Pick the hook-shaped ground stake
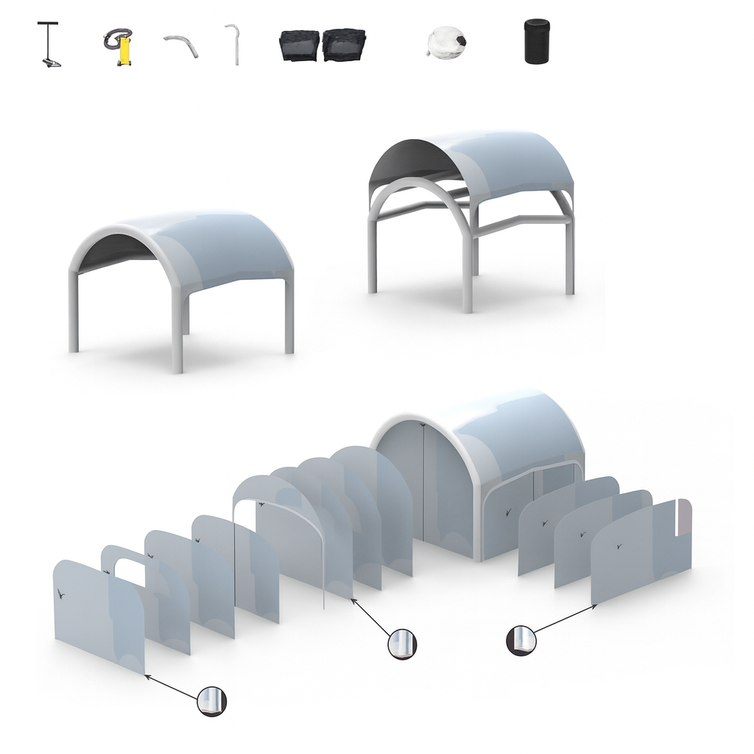coord(233,45)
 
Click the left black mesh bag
coord(299,45)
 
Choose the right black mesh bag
coord(345,44)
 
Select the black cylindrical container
coord(537,41)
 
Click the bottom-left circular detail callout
coord(212,702)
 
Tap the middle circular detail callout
coord(402,644)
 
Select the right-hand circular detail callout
coord(521,640)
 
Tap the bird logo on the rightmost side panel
coord(619,547)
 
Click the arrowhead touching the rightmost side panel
coord(594,606)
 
